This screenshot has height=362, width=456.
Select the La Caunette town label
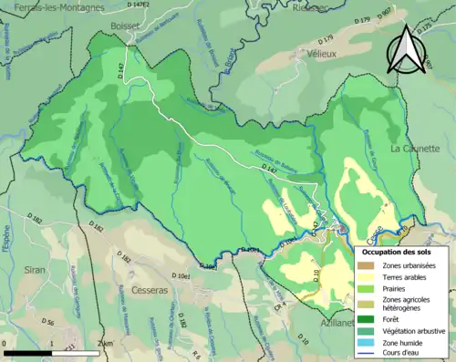pos(415,148)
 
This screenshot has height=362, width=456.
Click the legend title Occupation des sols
pos(398,251)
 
